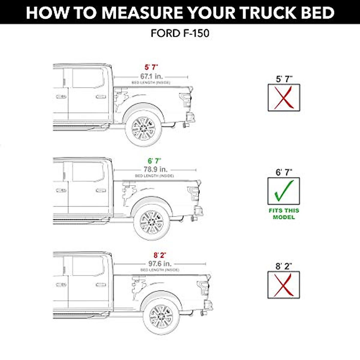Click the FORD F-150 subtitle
point(180,33)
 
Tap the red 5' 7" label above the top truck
point(151,67)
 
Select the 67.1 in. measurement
point(151,76)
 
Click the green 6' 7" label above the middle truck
point(154,161)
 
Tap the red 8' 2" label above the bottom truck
point(160,255)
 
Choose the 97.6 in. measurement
point(160,264)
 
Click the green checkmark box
point(283,191)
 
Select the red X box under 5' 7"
point(284,98)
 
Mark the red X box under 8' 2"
point(283,285)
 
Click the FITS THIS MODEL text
point(284,214)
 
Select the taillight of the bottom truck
point(202,288)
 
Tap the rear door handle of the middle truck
point(101,191)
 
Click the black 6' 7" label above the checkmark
point(284,172)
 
